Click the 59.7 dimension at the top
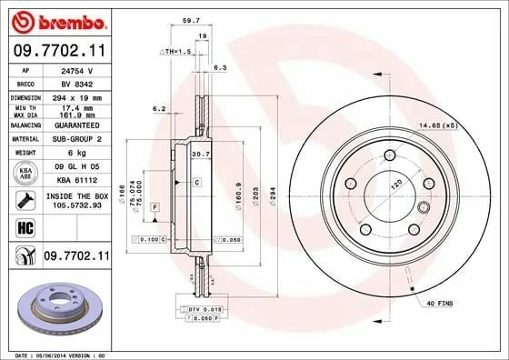click(x=192, y=17)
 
